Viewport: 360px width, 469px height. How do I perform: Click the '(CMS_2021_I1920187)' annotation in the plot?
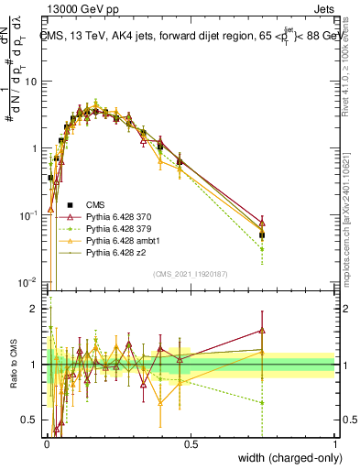click(191, 273)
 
